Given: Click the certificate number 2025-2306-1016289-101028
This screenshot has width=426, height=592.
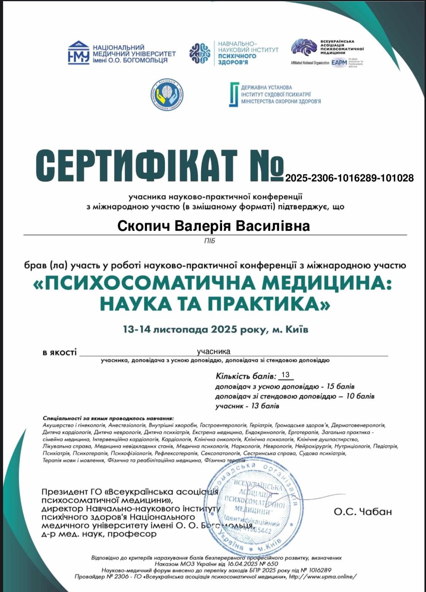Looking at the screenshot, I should point(349,177).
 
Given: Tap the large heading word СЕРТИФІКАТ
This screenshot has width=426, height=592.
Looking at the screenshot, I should point(137,166).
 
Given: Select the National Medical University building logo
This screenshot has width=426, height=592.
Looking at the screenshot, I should point(79,53).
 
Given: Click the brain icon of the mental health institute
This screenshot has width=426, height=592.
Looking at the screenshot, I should point(200,54).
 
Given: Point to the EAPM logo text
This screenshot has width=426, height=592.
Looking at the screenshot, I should point(339,63).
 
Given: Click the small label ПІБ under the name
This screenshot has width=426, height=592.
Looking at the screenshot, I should point(210,241).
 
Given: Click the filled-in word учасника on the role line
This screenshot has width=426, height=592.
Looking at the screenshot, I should point(213,351).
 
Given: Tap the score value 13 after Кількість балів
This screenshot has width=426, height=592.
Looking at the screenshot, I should point(286,375).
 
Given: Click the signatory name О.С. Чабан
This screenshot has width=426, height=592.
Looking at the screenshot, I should point(363,512).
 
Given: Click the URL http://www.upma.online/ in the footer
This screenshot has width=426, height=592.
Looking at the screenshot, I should point(323,576).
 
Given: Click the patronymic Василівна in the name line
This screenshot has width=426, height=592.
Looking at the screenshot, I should point(273,226).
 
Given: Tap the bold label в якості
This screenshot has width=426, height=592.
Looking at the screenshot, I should point(59,353).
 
